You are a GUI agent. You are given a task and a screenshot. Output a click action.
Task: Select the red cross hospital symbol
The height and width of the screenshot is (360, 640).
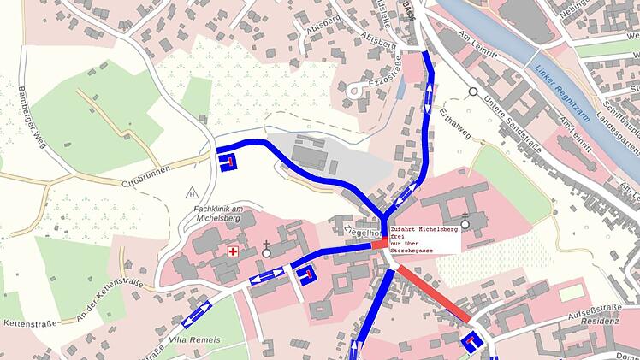pyautogui.click(x=232, y=252)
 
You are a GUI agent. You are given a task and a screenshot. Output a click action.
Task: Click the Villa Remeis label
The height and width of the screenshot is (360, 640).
pyautogui.click(x=194, y=340)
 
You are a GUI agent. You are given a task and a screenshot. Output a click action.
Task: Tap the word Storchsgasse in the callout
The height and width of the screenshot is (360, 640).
pyautogui.click(x=413, y=250)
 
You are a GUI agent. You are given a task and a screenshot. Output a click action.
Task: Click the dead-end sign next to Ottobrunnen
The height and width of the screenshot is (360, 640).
pyautogui.click(x=228, y=162)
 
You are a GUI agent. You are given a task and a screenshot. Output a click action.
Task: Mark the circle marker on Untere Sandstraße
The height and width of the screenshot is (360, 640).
pyautogui.click(x=472, y=91)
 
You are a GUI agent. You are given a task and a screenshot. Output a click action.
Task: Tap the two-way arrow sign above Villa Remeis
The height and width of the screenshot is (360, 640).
pyautogui.click(x=196, y=313)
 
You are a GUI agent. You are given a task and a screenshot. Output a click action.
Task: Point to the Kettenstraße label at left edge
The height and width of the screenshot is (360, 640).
pyautogui.click(x=29, y=323)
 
